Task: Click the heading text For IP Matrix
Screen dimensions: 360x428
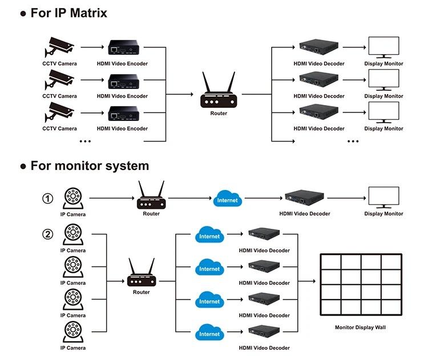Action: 68,13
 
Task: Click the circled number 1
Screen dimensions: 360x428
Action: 48,199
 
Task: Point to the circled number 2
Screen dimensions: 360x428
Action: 48,233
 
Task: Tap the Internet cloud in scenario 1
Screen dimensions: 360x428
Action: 228,200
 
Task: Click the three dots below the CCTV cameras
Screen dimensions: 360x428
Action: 85,140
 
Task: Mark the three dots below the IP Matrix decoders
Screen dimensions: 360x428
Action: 353,140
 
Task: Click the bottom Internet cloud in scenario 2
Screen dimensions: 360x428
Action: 209,333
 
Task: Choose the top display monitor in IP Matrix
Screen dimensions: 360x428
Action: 383,48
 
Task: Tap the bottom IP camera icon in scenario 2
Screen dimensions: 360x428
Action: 72,333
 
